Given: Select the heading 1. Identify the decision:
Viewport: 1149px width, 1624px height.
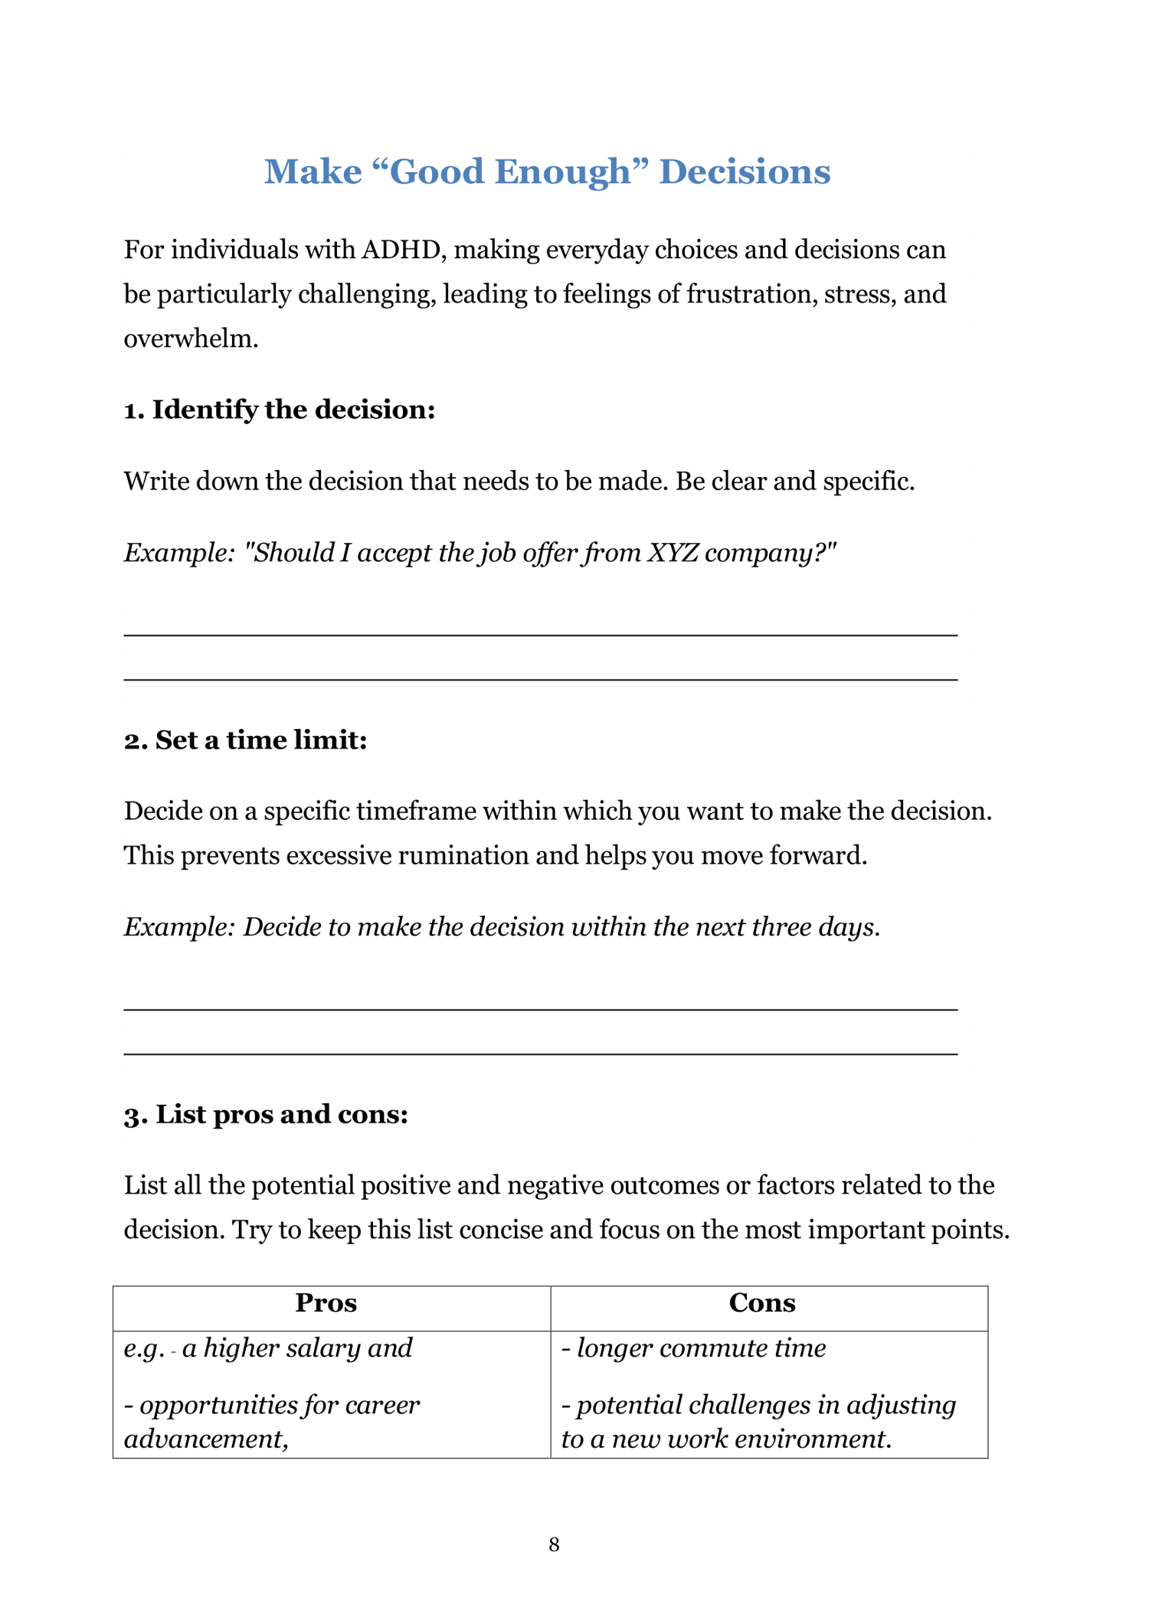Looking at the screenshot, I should [280, 410].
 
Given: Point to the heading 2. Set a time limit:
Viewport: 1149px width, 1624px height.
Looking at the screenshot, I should [246, 740].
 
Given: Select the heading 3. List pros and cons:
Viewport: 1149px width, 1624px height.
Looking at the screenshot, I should [266, 1114].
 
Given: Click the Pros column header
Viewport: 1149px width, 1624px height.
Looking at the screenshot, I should [326, 1302].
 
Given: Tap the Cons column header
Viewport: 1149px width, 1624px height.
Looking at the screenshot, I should [762, 1302].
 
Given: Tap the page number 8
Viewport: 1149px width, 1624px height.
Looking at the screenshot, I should [554, 1544].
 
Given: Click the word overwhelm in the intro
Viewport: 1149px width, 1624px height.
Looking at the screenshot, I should [190, 338].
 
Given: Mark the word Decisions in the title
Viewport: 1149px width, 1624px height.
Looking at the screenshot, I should [745, 172].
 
